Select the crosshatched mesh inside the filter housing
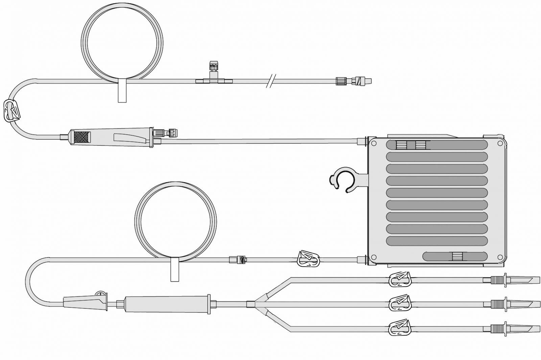coord(83,137)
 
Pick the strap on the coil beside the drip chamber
coord(175,269)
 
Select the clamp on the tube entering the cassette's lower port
coord(308,260)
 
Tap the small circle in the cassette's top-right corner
coord(500,143)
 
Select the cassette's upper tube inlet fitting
coord(362,140)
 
